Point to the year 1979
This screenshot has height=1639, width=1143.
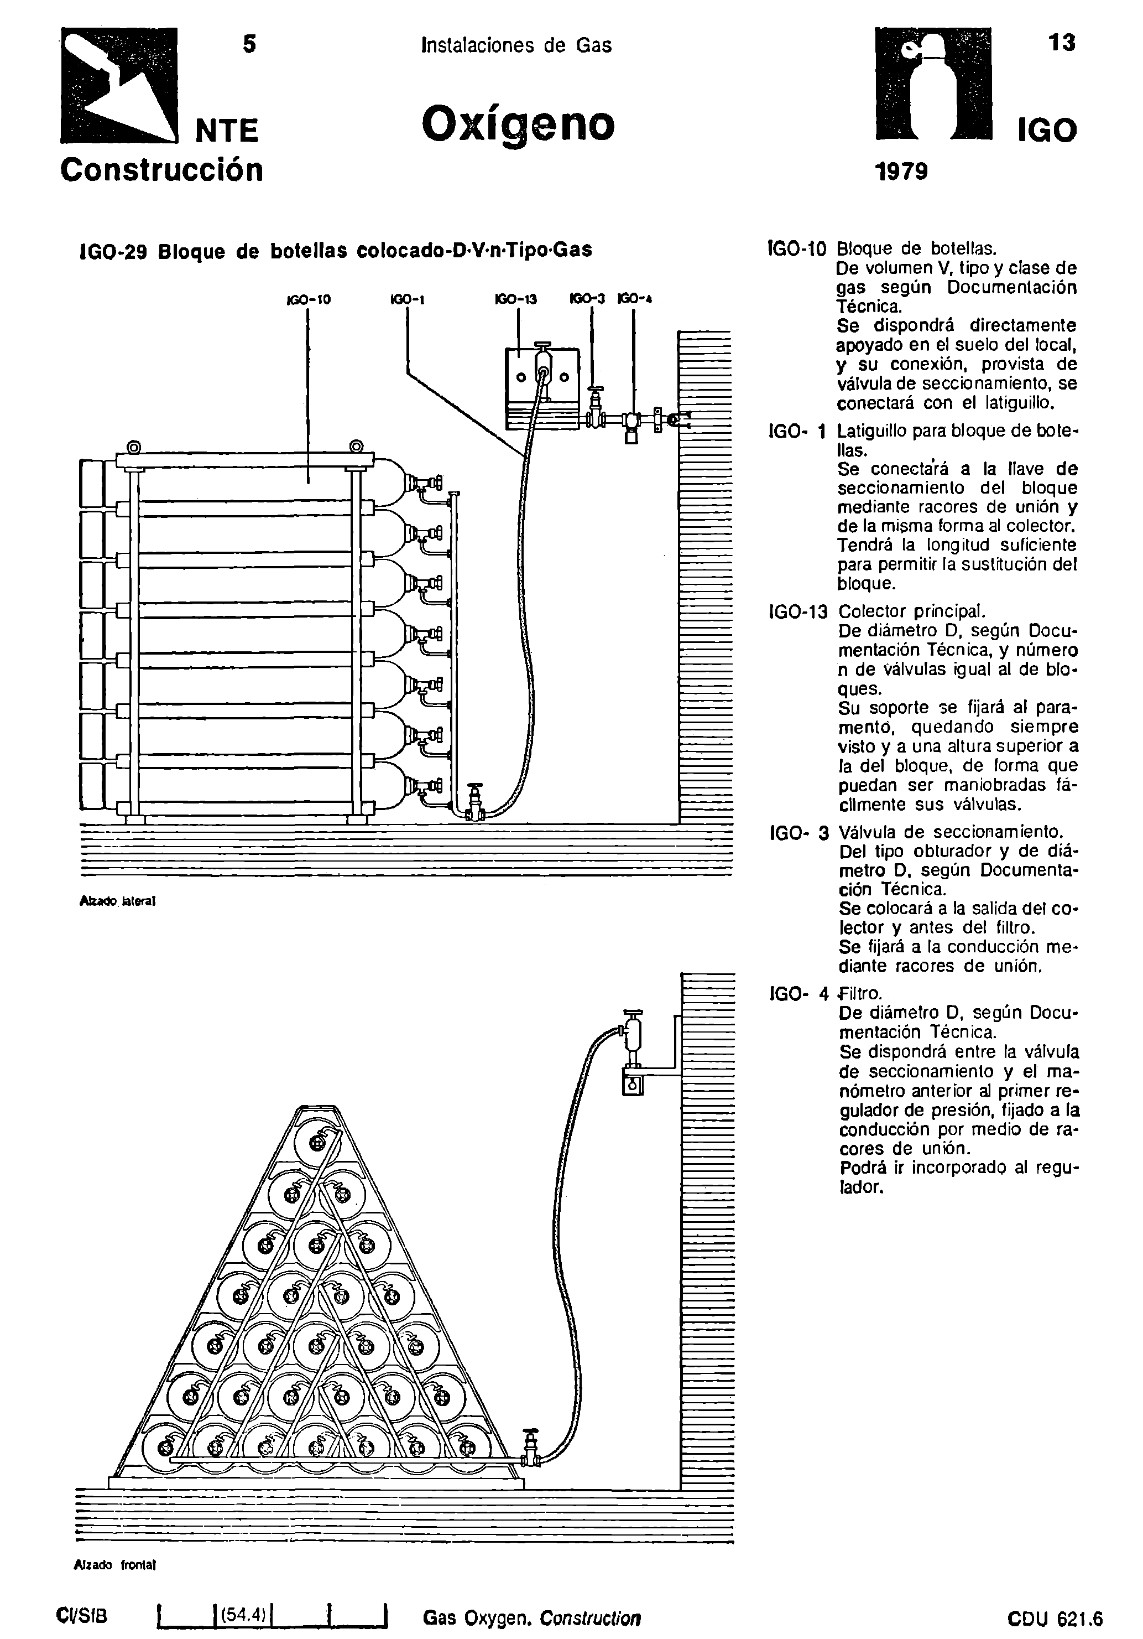(900, 172)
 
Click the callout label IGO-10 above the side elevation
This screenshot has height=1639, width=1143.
(308, 300)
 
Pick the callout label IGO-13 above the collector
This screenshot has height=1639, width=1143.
(516, 300)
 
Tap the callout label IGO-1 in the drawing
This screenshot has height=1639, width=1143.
(408, 300)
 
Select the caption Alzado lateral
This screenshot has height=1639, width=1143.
(117, 901)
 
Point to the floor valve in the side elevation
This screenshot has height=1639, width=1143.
(475, 803)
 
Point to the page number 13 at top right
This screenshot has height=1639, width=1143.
(1062, 44)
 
